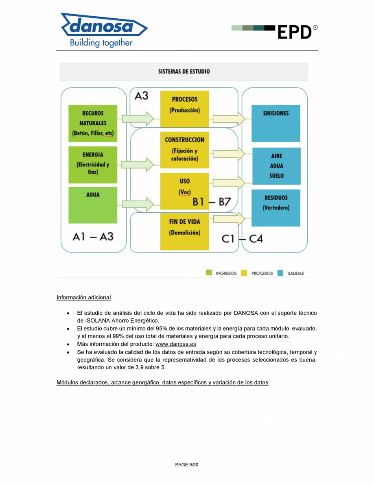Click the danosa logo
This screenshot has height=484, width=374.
point(104,29)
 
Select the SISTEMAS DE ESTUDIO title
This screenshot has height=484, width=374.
point(184,72)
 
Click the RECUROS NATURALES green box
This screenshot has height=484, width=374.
point(92,123)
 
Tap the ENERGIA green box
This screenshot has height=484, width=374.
point(92,165)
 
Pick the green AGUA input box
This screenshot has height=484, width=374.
point(92,205)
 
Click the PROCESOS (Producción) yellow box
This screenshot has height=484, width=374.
point(184,109)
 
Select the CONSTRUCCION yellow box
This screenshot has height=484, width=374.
point(184,150)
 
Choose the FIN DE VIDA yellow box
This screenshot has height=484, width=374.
point(184,231)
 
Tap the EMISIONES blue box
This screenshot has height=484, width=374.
point(276,123)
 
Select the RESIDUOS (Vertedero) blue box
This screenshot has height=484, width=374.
point(276,207)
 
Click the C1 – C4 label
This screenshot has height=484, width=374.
point(242,239)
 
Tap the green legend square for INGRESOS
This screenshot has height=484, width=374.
point(209,273)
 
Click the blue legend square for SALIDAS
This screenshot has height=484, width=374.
point(280,273)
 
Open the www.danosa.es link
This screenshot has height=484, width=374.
point(175,344)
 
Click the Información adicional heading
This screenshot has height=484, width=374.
point(83,297)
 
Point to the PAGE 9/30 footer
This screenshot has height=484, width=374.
point(187,464)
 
